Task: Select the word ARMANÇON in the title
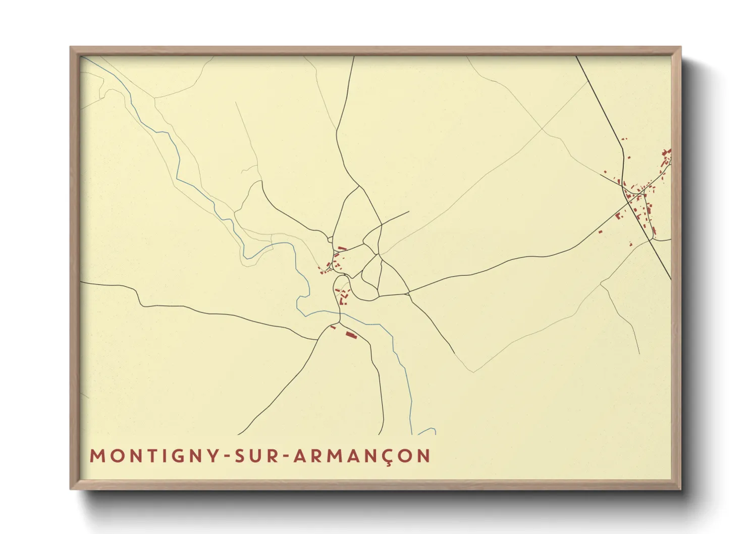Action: tap(361, 456)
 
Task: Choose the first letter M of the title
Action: tap(96, 456)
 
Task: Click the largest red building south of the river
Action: tap(351, 335)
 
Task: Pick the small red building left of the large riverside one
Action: tap(333, 328)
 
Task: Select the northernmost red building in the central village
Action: tap(342, 248)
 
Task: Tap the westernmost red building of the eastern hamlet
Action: tap(601, 232)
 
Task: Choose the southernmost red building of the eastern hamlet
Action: tap(630, 244)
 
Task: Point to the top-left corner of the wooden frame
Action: tap(71, 47)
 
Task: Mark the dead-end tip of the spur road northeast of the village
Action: tap(408, 211)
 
